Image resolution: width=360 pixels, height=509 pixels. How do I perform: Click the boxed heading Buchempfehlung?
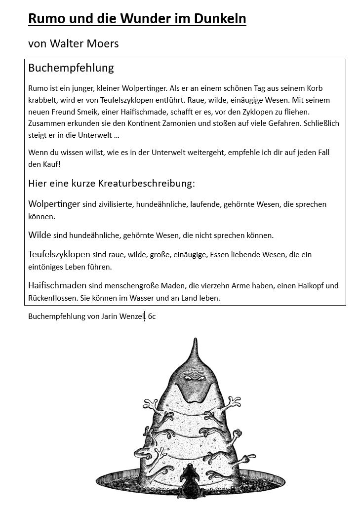(71, 68)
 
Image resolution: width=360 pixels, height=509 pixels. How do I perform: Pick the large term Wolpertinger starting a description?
(54, 204)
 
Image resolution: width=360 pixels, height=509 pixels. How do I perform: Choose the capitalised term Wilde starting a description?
(40, 235)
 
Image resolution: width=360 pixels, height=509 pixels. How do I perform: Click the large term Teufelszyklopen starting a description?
(59, 255)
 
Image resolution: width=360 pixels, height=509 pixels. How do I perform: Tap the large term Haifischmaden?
(57, 285)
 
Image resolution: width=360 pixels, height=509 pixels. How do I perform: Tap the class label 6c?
(152, 316)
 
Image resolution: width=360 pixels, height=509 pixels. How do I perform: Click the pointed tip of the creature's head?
(194, 340)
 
